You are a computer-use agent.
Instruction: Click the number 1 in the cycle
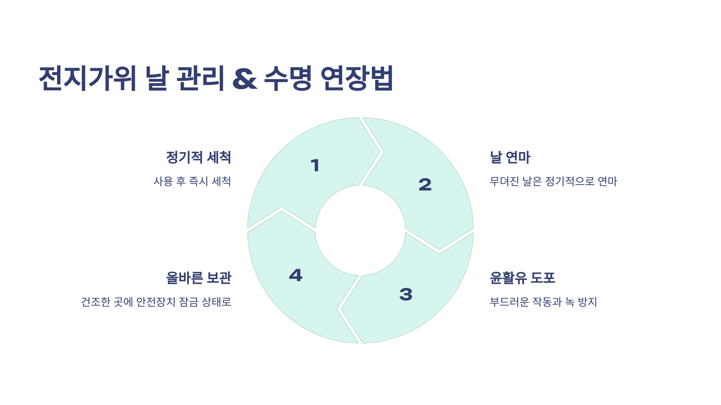click(315, 166)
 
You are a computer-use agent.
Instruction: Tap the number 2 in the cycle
click(425, 184)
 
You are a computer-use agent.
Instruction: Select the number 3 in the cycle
click(406, 294)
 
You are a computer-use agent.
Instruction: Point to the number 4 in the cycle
click(296, 275)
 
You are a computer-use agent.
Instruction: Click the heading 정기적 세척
click(199, 157)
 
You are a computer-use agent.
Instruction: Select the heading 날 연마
click(510, 157)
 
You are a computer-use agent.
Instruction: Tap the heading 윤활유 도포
click(522, 278)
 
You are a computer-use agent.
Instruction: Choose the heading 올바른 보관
click(199, 278)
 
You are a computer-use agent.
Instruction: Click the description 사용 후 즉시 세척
click(192, 181)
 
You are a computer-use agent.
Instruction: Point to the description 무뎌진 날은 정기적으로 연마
click(553, 181)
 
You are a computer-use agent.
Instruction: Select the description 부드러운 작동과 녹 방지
click(543, 302)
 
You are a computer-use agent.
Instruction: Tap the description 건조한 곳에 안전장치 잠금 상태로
click(156, 302)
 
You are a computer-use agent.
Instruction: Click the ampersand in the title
click(245, 79)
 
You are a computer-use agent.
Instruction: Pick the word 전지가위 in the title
click(88, 78)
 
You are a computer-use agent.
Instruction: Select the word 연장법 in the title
click(357, 78)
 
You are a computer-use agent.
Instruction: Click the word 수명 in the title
click(288, 78)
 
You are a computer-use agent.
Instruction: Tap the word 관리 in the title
click(200, 78)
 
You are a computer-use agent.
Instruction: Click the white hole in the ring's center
click(360, 230)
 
